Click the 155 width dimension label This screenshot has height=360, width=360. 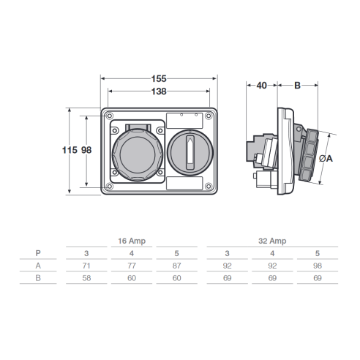coord(159,79)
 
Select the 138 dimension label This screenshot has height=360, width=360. coord(159,91)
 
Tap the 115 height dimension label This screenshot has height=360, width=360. coord(70,150)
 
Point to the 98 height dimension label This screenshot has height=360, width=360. coord(86,150)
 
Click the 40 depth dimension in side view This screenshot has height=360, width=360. coord(262,86)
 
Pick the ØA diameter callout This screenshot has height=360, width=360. coord(326,159)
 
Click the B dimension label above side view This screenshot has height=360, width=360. coord(297,86)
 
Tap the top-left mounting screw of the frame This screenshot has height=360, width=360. coord(110,116)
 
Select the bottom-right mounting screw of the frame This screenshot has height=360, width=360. coord(209,187)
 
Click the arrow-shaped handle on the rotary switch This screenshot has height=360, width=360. coord(190,153)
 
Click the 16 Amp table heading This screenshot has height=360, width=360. coord(132,241)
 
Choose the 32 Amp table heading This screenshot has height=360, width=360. coord(272,241)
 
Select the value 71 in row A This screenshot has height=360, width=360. coord(86,266)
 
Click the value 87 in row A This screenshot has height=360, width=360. coord(177,266)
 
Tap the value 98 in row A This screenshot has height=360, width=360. coord(318,266)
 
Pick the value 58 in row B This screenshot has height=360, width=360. coord(86,278)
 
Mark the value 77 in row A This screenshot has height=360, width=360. coord(132,266)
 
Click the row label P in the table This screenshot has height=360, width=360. coord(38,253)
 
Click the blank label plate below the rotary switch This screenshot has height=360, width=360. coord(184,183)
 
